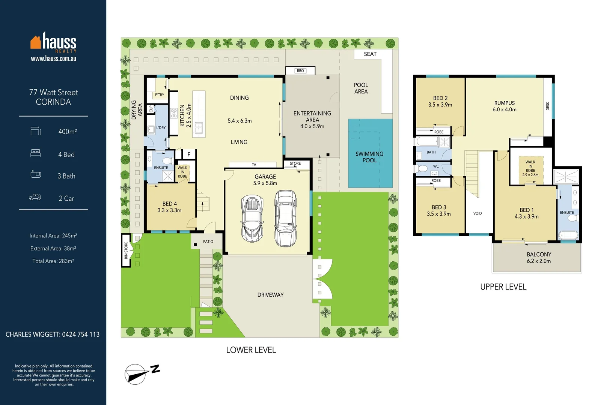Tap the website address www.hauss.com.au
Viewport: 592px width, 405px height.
(53, 58)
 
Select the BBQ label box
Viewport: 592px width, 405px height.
(300, 70)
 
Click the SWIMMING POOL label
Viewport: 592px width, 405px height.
(369, 157)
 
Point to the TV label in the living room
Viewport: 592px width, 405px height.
(254, 165)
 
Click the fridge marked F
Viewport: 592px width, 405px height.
(189, 154)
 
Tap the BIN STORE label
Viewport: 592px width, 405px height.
(126, 250)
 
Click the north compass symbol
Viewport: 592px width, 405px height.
(142, 373)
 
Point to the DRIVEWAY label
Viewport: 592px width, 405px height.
(270, 295)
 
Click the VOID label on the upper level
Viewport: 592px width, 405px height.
(478, 213)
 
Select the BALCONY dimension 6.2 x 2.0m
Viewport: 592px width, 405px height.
(539, 261)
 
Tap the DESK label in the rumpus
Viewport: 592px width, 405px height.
(548, 106)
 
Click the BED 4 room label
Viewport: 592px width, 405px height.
(170, 204)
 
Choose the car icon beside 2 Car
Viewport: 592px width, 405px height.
(35, 197)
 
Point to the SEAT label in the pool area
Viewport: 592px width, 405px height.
(370, 54)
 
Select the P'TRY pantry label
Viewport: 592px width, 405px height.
(160, 95)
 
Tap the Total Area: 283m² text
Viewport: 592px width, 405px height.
(53, 261)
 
